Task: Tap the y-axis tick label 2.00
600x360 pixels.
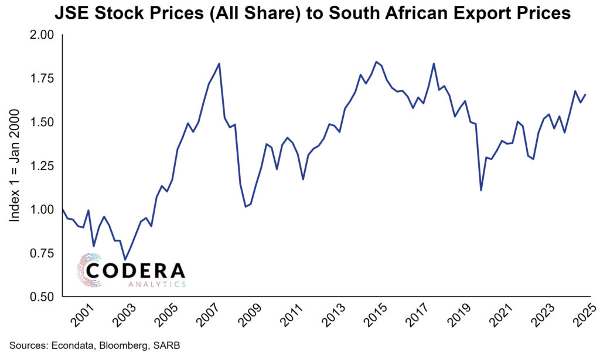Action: point(41,35)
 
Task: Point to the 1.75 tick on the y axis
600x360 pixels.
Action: point(41,79)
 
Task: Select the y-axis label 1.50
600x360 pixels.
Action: point(41,122)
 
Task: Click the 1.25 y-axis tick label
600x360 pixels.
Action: point(41,166)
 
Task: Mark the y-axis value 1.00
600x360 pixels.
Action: point(41,209)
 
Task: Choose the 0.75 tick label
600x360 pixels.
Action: point(41,253)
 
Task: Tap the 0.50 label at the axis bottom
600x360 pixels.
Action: point(41,297)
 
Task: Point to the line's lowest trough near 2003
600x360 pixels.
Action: point(125,259)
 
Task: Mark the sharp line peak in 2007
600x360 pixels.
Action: point(219,63)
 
